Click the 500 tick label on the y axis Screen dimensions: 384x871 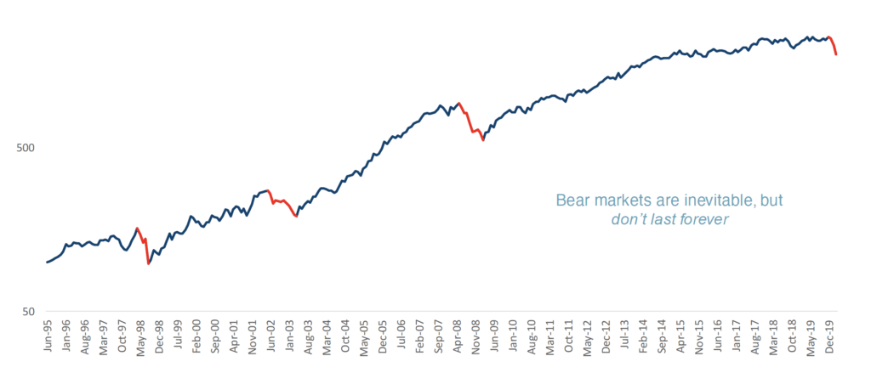[x=26, y=148]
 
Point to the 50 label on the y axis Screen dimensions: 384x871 [x=28, y=312]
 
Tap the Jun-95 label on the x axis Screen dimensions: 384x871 [x=48, y=336]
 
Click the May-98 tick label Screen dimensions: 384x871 [x=140, y=336]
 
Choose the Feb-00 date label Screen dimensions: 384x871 [x=196, y=336]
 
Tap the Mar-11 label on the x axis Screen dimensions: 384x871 [x=550, y=336]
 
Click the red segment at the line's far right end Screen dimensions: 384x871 [x=834, y=46]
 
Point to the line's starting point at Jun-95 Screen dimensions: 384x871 [x=47, y=263]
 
